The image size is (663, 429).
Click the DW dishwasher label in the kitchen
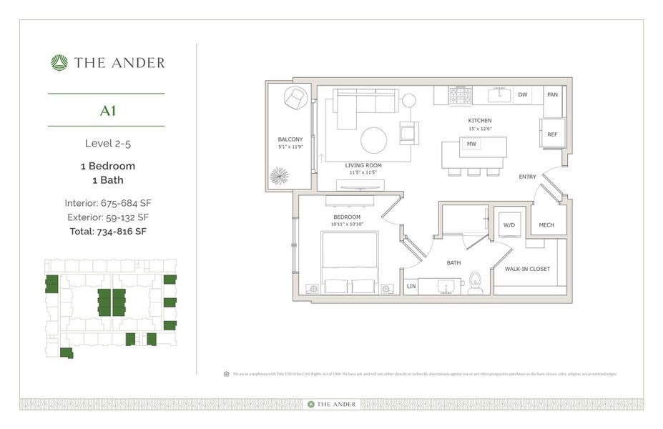523,94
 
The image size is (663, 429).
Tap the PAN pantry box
552,94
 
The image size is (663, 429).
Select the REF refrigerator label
552,134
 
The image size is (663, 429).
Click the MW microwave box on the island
471,144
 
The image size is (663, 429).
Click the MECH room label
546,225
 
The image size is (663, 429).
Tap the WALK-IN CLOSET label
527,269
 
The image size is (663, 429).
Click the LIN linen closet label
411,286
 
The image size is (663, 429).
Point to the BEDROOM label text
346,217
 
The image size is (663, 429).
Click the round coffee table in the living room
373,140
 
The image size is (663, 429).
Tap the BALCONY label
290,139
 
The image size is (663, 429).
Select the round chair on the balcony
295,98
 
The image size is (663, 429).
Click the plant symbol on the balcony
280,175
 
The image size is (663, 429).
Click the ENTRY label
528,176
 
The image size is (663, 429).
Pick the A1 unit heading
108,110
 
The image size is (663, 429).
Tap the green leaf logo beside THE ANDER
59,63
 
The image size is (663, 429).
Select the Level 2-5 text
107,143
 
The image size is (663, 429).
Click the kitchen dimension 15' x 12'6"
479,129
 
